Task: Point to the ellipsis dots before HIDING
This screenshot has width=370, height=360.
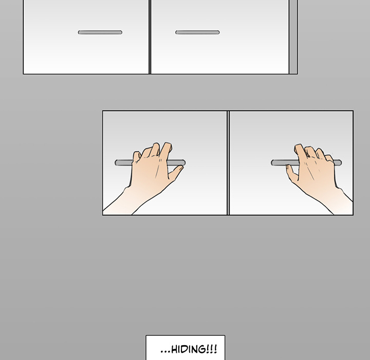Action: pos(165,352)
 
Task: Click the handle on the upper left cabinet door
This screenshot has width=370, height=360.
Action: pos(100,32)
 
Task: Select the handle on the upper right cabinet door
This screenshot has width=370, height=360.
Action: pos(197,32)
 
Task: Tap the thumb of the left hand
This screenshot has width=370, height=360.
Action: pos(176,172)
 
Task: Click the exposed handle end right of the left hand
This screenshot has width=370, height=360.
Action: pos(176,163)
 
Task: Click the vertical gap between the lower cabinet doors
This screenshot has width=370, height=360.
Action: pos(228,163)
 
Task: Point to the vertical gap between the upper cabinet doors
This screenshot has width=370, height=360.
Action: pos(150,37)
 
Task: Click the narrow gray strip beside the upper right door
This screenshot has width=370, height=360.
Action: pos(293,37)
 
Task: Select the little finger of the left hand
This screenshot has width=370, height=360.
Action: pos(137,156)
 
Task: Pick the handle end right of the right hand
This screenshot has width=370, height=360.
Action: pos(338,163)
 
